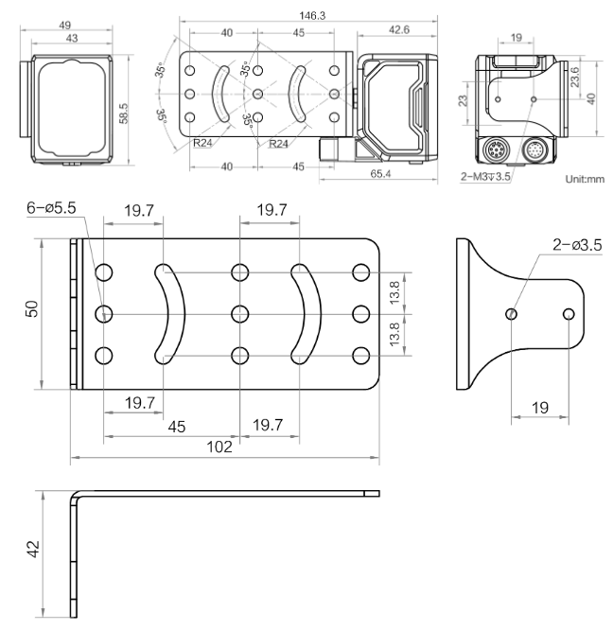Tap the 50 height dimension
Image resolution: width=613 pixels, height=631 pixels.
coord(31,311)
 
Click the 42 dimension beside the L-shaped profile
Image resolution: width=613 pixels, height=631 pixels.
coord(31,549)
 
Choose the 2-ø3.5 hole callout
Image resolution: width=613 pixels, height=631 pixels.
coord(579,245)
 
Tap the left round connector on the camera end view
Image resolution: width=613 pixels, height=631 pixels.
coord(495,149)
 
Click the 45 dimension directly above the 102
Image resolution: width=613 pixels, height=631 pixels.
coord(176,428)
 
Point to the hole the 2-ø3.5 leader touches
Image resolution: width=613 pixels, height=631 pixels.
coord(512,313)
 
